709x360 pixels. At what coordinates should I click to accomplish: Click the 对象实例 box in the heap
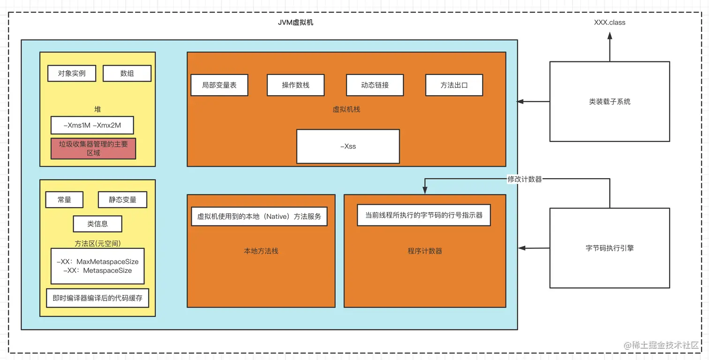click(72, 74)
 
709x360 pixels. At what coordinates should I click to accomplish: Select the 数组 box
click(127, 74)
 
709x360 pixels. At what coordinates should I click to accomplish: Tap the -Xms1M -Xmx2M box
click(92, 125)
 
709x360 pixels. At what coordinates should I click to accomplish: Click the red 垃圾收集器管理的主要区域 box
click(93, 149)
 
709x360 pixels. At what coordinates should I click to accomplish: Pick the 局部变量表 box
click(219, 85)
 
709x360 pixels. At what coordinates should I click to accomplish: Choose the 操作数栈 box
click(295, 85)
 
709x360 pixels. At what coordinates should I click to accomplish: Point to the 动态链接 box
click(375, 85)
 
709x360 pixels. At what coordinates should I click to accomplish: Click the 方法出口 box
click(454, 85)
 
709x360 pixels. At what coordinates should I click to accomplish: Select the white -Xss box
click(348, 146)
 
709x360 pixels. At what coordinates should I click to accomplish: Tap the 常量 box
click(64, 200)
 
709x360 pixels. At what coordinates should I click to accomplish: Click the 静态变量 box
click(122, 200)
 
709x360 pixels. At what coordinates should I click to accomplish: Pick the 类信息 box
click(98, 224)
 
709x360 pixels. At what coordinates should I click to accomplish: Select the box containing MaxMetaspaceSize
click(98, 266)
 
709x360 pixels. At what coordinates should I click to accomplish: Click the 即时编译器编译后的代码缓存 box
click(98, 298)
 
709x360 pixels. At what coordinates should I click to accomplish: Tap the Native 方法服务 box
click(259, 217)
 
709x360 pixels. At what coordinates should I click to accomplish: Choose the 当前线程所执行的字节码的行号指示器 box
click(424, 215)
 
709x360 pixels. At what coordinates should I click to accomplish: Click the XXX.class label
click(610, 22)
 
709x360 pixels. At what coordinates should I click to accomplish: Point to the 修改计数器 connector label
click(525, 179)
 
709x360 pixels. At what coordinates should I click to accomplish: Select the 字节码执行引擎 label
click(610, 248)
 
